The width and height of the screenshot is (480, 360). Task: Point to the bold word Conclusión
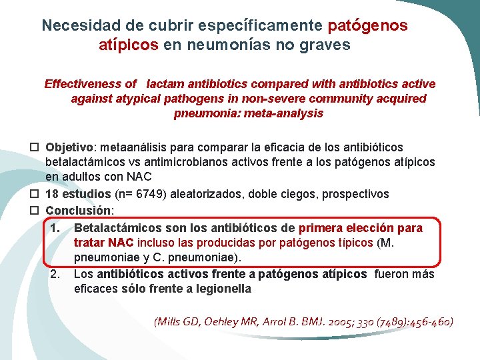point(77,211)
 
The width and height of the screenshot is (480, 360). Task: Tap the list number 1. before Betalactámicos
point(55,228)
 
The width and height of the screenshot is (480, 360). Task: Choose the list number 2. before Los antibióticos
point(55,275)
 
